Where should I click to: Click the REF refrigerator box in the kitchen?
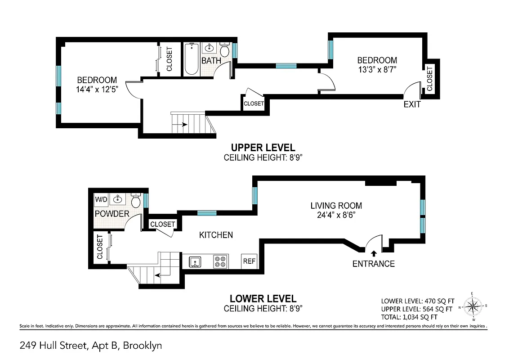click(x=249, y=261)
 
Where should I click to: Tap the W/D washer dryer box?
click(x=101, y=199)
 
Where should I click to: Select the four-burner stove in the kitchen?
click(x=220, y=261)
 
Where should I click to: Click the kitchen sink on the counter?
click(x=196, y=261)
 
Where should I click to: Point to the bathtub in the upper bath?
click(x=191, y=58)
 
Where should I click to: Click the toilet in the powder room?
click(x=136, y=199)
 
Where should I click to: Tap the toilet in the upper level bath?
click(x=224, y=50)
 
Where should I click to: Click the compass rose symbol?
click(x=472, y=307)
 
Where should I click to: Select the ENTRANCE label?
click(x=373, y=264)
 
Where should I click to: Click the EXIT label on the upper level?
click(x=412, y=104)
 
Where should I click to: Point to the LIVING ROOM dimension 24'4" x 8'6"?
click(x=336, y=216)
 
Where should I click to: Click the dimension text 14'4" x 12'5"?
click(x=97, y=89)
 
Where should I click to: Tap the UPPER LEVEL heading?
click(x=263, y=148)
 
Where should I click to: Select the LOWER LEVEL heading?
click(x=263, y=298)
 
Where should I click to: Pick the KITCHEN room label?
click(x=216, y=235)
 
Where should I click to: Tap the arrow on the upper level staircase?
click(x=184, y=125)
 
